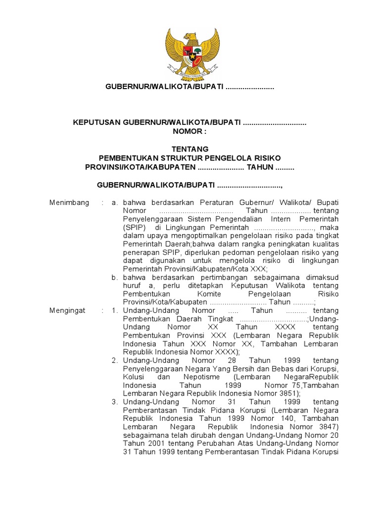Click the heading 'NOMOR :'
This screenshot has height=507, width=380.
tap(190, 131)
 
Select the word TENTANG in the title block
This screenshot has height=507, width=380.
tap(190, 149)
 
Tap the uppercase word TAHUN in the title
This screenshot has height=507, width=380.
tap(260, 167)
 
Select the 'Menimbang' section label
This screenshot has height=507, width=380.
tap(70, 203)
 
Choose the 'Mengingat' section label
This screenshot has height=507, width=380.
tap(68, 310)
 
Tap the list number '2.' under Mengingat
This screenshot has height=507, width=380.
tap(115, 360)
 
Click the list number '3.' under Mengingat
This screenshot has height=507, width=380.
tap(115, 402)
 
